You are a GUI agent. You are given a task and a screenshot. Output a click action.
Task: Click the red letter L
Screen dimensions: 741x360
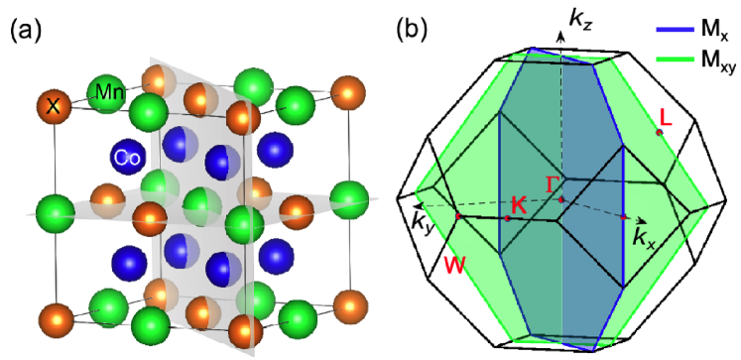coord(666,116)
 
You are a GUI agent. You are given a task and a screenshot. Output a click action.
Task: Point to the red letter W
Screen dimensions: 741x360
coord(455,265)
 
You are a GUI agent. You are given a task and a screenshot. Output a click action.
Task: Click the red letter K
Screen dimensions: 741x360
coord(517,205)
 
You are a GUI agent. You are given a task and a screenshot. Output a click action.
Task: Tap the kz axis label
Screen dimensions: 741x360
coord(579,17)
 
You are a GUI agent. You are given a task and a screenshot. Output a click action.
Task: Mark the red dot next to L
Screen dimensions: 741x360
coord(659,131)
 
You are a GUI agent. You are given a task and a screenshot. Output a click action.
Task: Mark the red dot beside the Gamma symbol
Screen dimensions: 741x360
coord(561,200)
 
